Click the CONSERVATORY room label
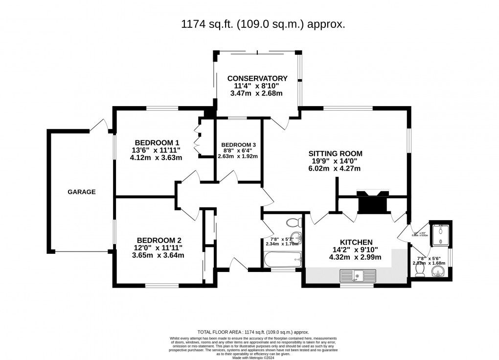pos(257,78)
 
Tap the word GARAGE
pos(82,192)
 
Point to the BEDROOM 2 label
pos(159,240)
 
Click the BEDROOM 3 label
pos(239,145)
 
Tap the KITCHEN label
pos(357,242)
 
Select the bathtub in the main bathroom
pos(282,260)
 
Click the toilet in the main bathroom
pos(294,223)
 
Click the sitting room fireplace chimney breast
pos(373,202)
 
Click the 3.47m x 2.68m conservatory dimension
pos(257,93)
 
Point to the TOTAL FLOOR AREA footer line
pos(252,332)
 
